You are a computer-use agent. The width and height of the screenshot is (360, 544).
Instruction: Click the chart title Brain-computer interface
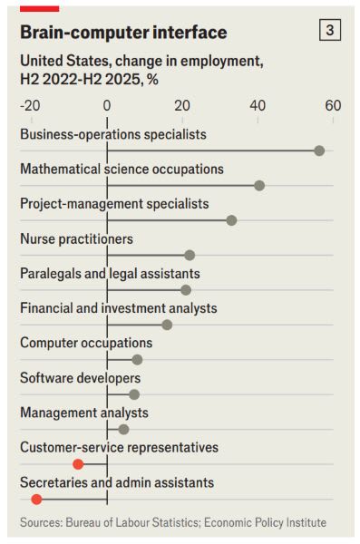123,33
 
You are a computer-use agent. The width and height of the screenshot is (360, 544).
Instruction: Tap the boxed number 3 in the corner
330,30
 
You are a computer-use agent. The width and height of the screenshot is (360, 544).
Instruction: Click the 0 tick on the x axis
107,105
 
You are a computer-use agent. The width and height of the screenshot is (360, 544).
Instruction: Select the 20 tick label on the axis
182,105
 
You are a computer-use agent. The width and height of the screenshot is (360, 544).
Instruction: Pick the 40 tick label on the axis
258,105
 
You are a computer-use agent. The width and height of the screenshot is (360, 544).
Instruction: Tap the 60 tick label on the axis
333,105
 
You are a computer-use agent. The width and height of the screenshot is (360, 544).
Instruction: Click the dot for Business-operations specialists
319,151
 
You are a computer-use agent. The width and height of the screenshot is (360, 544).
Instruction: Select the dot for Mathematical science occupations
259,185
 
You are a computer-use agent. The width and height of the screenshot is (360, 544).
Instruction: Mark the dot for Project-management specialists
231,220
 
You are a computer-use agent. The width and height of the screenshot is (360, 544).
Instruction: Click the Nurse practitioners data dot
190,255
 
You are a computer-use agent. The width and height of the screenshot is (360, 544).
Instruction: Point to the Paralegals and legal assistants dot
186,290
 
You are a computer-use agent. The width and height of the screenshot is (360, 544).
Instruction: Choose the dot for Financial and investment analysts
167,325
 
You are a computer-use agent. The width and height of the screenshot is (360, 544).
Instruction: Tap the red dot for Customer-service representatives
78,463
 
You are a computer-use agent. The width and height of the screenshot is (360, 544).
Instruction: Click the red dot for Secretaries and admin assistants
36,499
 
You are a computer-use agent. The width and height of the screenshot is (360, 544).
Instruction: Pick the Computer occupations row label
86,343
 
